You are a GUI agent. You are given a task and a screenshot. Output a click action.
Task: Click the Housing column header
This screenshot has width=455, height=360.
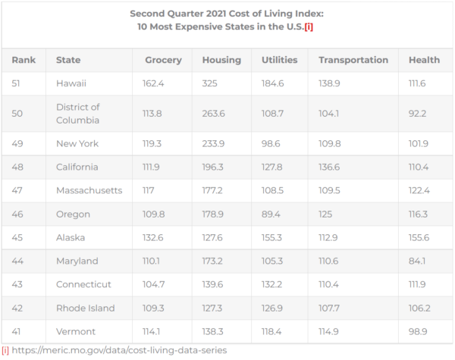click(x=221, y=60)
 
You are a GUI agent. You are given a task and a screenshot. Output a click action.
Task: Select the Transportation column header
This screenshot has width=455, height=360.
click(x=353, y=60)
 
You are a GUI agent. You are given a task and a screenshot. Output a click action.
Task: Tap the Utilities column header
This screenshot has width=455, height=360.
click(x=279, y=60)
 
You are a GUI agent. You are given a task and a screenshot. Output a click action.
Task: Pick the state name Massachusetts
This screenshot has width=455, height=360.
click(x=89, y=190)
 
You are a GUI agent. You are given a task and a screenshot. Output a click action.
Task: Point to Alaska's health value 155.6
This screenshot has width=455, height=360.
click(x=420, y=237)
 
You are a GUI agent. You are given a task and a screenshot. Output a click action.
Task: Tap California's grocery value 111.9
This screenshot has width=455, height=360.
click(x=155, y=167)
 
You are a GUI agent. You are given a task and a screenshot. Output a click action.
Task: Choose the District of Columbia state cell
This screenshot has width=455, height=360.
click(x=77, y=113)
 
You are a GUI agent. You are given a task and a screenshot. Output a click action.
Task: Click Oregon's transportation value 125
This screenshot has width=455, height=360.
click(x=326, y=214)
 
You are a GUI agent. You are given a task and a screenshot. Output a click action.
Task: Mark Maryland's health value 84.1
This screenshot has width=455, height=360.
click(x=418, y=261)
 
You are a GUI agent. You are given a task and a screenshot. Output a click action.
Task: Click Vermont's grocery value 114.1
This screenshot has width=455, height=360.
click(x=155, y=331)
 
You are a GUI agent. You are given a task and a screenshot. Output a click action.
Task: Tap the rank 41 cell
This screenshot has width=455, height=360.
click(x=17, y=331)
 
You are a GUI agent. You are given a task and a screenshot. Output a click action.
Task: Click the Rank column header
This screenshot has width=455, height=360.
click(x=24, y=60)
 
